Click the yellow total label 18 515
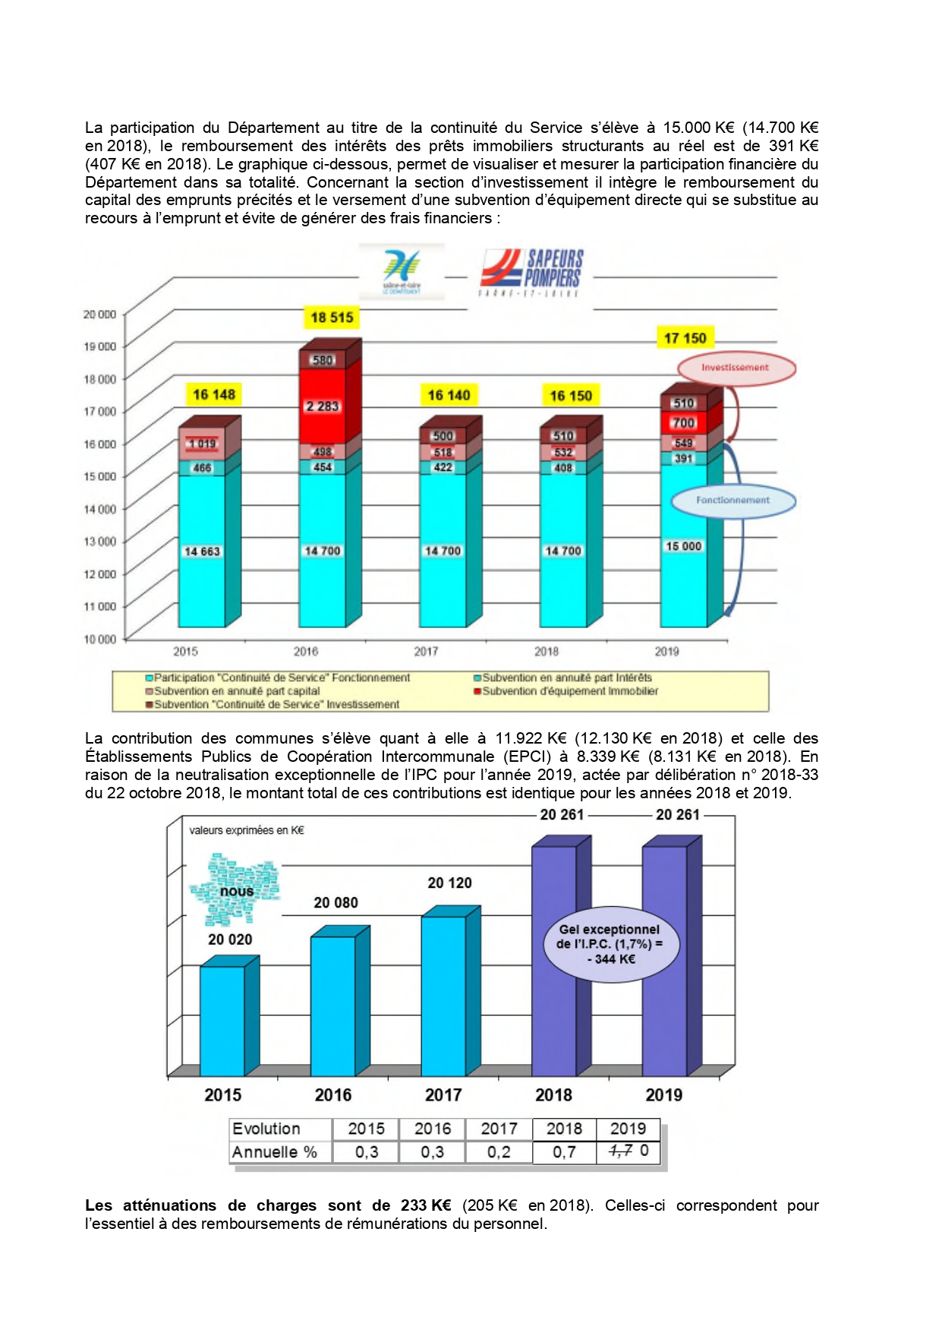click(332, 317)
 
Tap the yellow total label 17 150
click(685, 338)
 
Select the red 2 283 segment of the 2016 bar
click(323, 406)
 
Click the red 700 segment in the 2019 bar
click(683, 423)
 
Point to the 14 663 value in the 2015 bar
click(202, 551)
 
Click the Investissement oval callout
click(736, 368)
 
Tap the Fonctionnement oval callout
click(732, 501)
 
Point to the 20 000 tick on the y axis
click(99, 314)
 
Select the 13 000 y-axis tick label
click(99, 542)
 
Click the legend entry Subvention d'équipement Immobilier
click(569, 691)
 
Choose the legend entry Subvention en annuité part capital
click(236, 691)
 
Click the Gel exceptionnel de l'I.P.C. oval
click(610, 944)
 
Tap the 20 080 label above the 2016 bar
click(336, 902)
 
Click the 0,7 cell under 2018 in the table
click(564, 1152)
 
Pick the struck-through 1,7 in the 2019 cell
click(620, 1151)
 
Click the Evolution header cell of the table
click(266, 1129)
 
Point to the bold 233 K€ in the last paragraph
click(426, 1205)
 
